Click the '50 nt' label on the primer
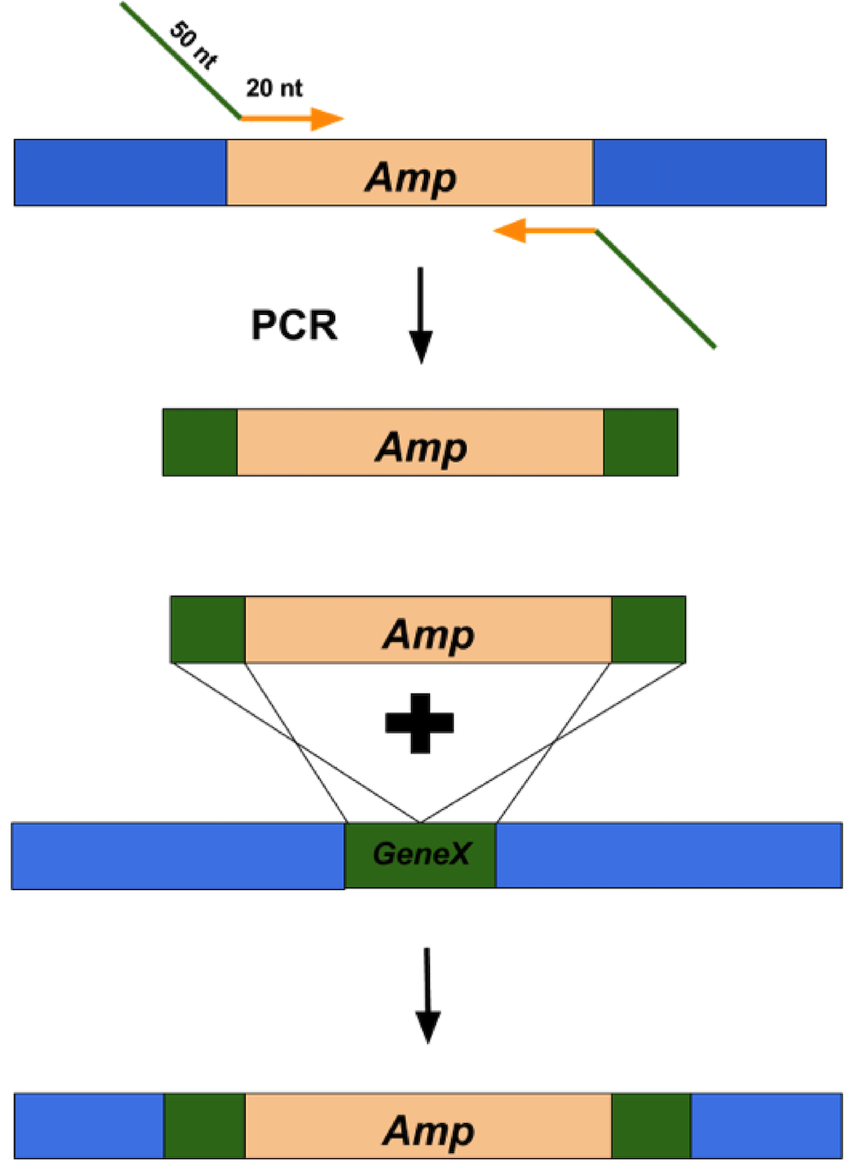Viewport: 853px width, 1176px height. click(194, 44)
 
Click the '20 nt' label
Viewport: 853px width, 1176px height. click(274, 88)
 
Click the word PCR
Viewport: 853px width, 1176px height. click(294, 325)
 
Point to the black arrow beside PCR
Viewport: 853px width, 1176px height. click(421, 315)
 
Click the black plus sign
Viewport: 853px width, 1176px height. click(420, 723)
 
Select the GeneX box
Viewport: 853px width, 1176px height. click(421, 854)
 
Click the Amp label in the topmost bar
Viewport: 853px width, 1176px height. click(410, 178)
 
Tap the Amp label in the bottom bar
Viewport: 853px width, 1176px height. click(428, 1131)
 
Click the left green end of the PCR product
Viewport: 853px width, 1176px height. click(200, 442)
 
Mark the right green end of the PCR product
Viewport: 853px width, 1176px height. click(640, 442)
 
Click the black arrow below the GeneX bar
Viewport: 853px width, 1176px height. click(427, 994)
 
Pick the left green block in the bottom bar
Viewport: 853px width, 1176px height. click(205, 1126)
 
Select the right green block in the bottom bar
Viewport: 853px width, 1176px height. click(651, 1126)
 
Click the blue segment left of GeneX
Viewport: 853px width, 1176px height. click(177, 855)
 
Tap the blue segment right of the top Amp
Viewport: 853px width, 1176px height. click(709, 172)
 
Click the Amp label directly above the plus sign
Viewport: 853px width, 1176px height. click(428, 634)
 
